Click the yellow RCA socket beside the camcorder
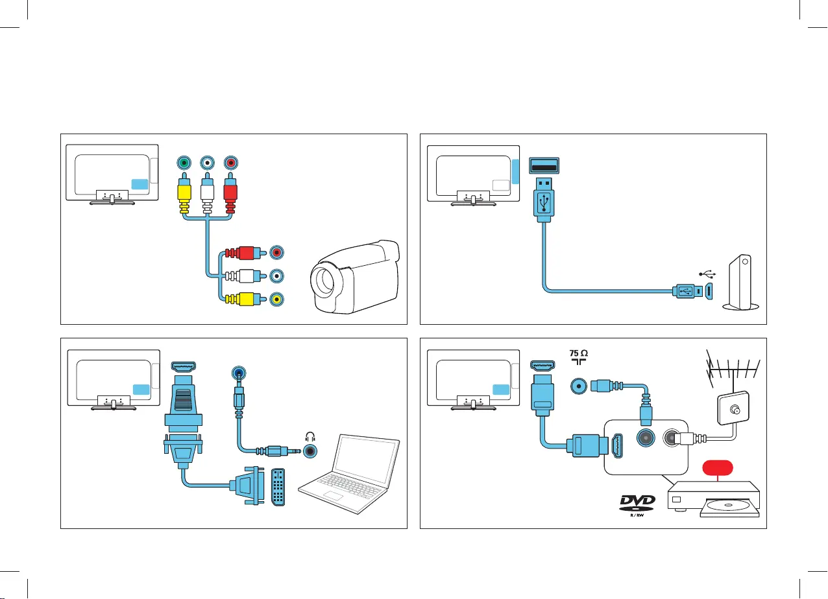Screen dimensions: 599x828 (x=277, y=299)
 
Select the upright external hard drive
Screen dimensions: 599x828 (x=742, y=283)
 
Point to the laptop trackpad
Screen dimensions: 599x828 (x=334, y=496)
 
